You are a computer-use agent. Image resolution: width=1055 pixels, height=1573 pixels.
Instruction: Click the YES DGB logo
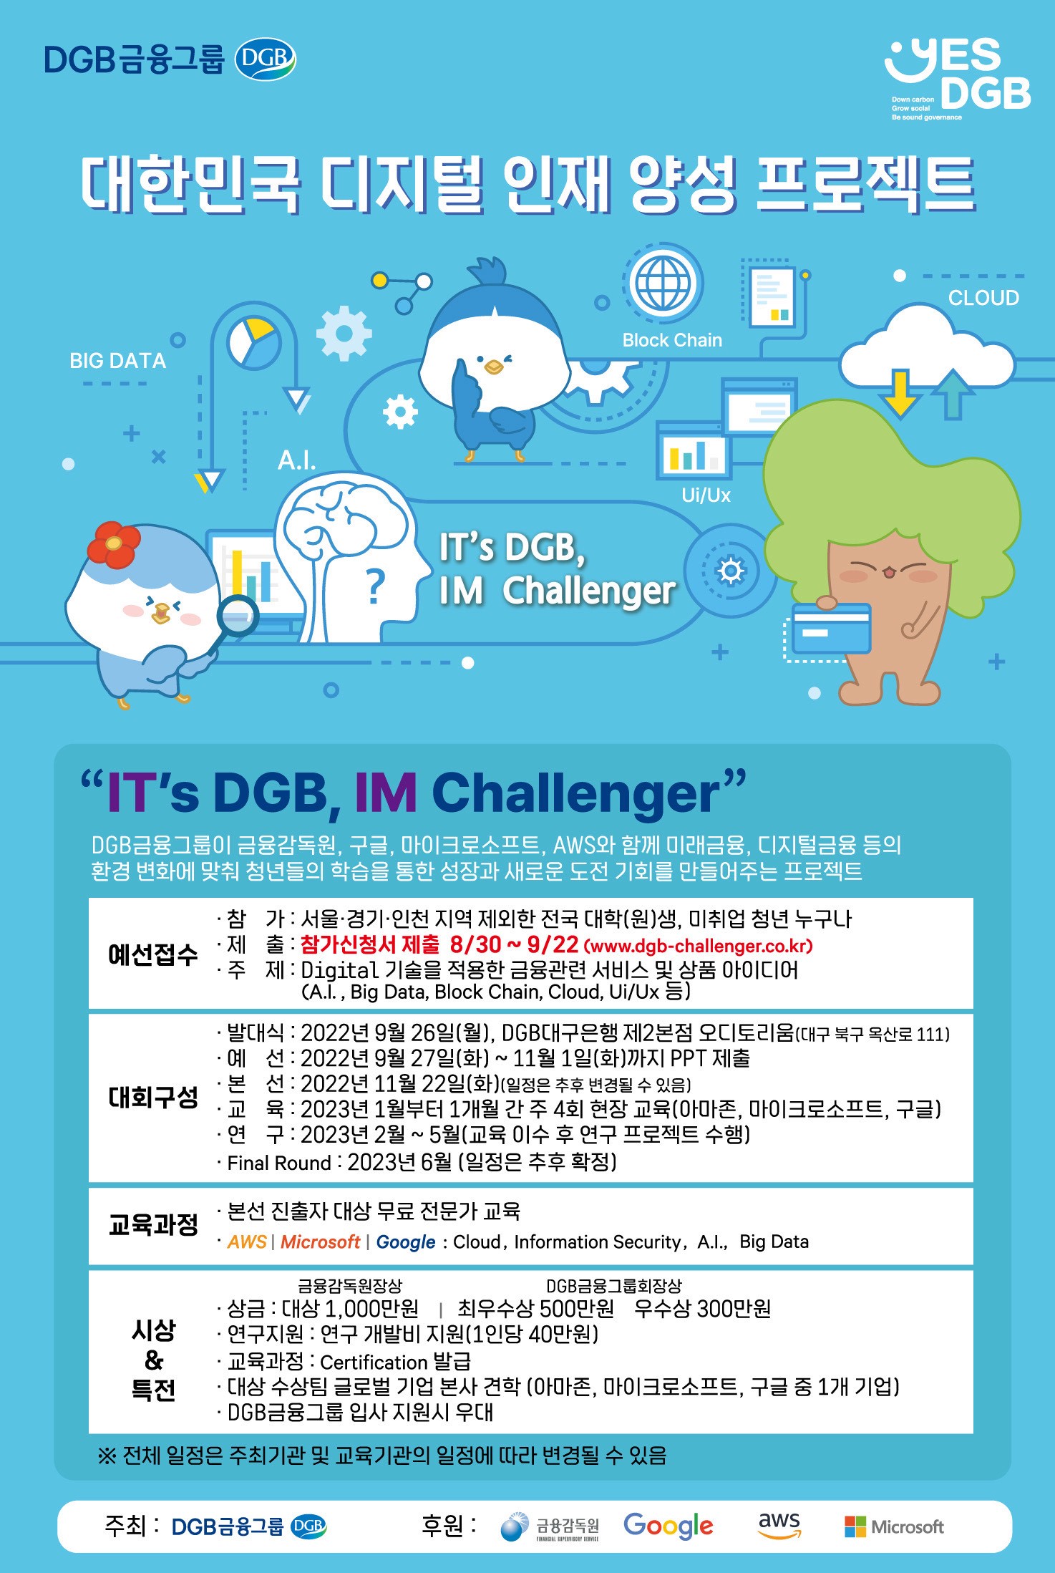pyautogui.click(x=958, y=77)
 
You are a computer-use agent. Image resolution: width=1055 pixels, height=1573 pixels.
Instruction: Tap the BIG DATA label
pyautogui.click(x=117, y=361)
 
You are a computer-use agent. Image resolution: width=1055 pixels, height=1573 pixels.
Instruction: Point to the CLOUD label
pyautogui.click(x=983, y=298)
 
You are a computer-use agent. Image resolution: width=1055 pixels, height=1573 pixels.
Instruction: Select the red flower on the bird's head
pyautogui.click(x=114, y=543)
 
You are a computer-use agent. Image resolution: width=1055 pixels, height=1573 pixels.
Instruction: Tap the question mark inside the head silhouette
pyautogui.click(x=375, y=588)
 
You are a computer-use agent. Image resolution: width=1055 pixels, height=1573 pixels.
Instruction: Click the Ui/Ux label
pyautogui.click(x=706, y=495)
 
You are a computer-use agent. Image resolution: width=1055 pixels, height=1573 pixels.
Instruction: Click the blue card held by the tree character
pyautogui.click(x=830, y=628)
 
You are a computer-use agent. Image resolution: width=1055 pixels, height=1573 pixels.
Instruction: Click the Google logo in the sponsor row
pyautogui.click(x=669, y=1525)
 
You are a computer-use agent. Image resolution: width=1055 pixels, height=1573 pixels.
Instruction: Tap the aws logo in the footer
pyautogui.click(x=779, y=1524)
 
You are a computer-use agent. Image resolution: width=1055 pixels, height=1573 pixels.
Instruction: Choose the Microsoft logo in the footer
pyautogui.click(x=894, y=1526)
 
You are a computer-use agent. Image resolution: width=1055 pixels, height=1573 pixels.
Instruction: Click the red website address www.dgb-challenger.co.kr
pyautogui.click(x=699, y=946)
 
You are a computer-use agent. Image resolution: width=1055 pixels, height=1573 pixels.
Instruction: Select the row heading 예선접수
pyautogui.click(x=152, y=954)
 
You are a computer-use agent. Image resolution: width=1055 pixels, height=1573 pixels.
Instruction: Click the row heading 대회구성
pyautogui.click(x=152, y=1097)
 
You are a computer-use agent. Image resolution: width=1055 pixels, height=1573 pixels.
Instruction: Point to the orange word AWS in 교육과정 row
pyautogui.click(x=247, y=1242)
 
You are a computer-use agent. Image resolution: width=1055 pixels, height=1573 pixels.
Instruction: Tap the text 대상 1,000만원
pyautogui.click(x=350, y=1309)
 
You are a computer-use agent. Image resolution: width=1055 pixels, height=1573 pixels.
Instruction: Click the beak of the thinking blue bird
pyautogui.click(x=493, y=367)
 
